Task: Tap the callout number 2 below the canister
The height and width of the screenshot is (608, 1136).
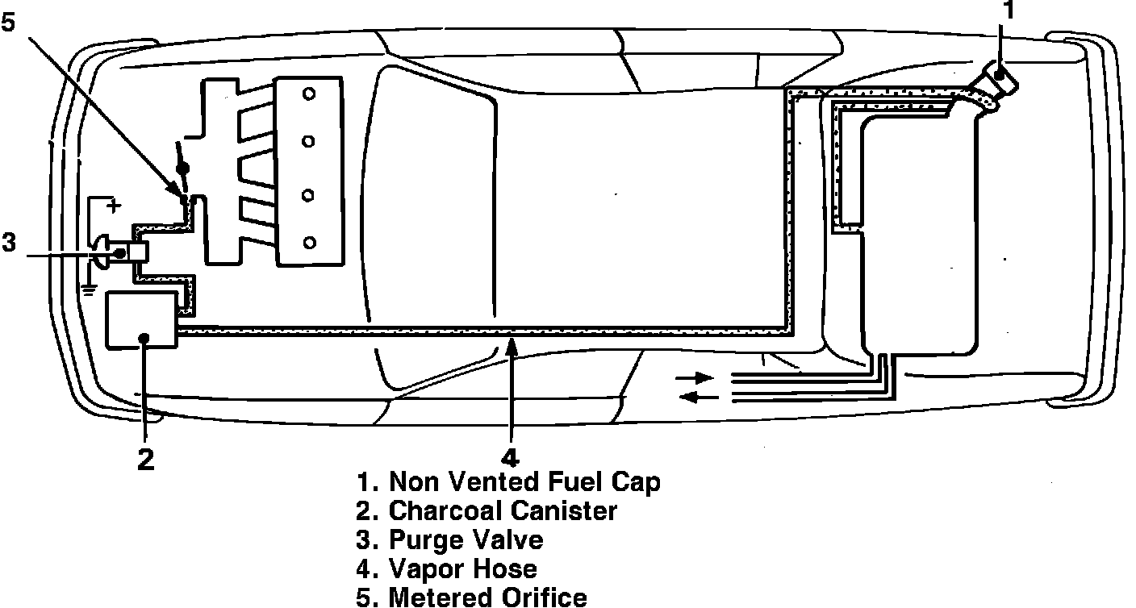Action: (145, 459)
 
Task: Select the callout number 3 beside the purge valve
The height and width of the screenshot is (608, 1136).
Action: (8, 242)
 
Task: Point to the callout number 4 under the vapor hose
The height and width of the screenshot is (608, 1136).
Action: (509, 453)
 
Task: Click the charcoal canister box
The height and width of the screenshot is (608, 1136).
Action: (141, 320)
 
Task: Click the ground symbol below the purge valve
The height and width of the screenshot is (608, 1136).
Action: (90, 289)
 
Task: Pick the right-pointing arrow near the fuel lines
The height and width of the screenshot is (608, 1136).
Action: (695, 377)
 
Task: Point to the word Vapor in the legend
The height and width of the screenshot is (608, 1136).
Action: (426, 568)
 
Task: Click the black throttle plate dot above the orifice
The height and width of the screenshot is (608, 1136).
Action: (183, 169)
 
